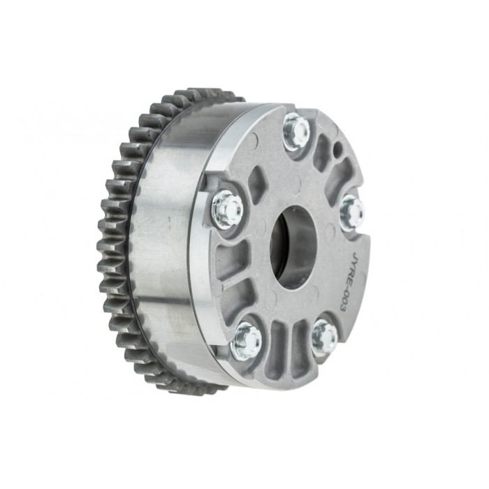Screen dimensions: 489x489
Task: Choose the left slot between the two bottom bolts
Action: tap(279, 342)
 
